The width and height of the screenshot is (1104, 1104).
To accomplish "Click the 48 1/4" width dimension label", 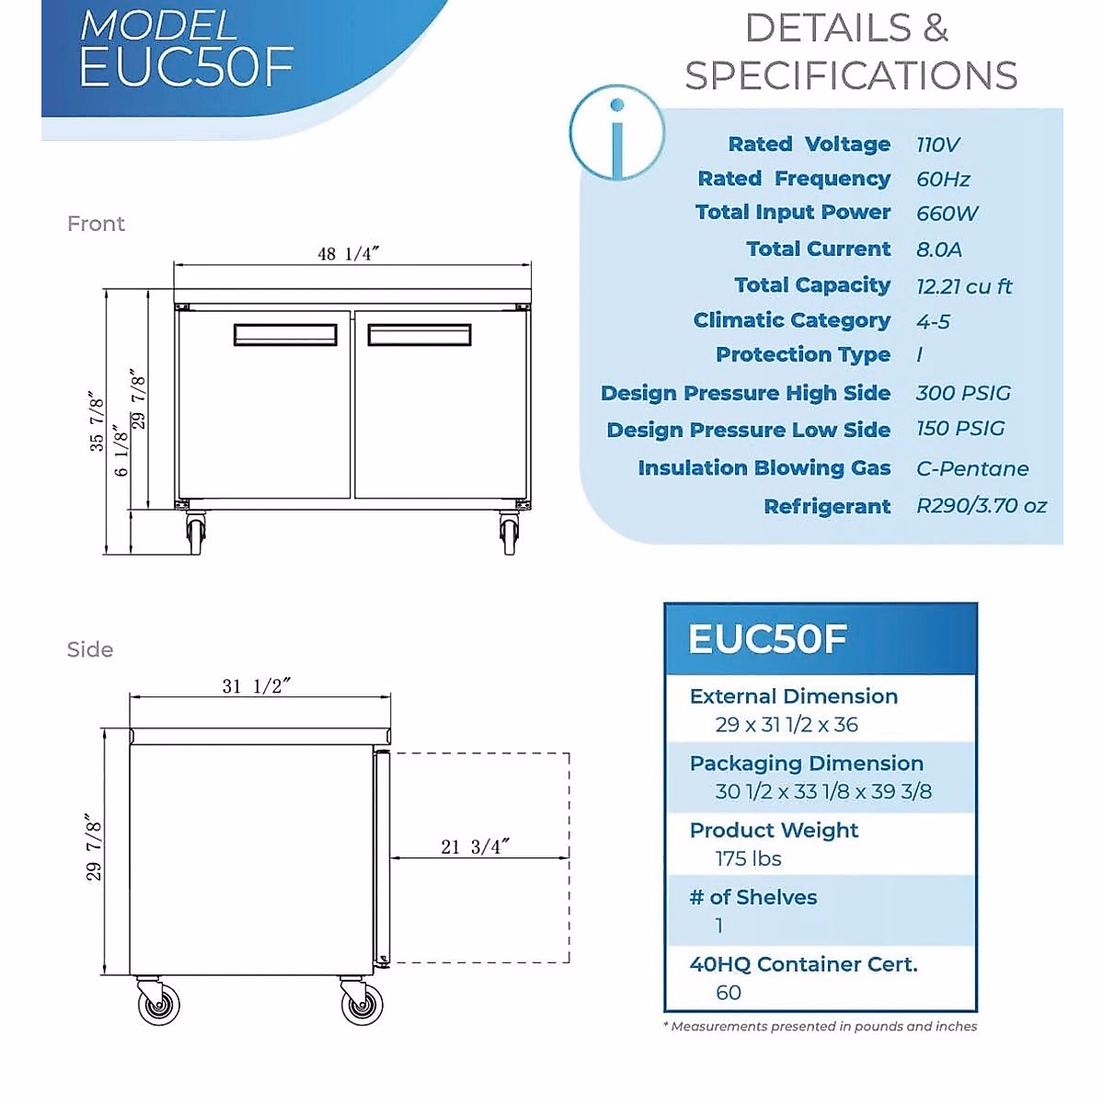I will (348, 253).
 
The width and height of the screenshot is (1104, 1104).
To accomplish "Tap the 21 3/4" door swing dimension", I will (475, 846).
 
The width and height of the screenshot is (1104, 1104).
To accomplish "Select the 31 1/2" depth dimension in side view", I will (257, 686).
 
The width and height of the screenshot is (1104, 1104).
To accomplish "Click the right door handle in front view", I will (420, 335).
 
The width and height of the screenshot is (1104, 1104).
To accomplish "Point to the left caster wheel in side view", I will (159, 1003).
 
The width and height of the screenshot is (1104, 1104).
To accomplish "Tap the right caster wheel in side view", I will (362, 1003).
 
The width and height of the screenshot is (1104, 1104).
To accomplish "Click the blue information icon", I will (616, 132).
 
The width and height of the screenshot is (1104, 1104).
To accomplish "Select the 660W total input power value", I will (947, 213).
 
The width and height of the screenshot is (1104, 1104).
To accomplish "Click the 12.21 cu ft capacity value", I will (963, 286).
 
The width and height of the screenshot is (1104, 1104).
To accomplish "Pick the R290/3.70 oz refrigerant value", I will (981, 505).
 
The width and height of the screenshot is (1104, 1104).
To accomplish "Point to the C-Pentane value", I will (972, 468).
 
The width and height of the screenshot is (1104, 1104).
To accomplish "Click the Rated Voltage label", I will (809, 144).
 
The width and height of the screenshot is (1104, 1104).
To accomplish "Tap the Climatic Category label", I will (791, 320).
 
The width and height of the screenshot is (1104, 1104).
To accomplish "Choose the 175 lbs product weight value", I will (748, 858).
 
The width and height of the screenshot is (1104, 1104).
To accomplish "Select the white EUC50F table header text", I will (766, 638).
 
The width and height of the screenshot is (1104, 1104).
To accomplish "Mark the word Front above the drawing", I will (96, 224).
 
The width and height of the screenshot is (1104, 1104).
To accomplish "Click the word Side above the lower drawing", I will (90, 650).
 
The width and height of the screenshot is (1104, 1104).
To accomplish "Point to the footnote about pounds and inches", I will (820, 1026).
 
